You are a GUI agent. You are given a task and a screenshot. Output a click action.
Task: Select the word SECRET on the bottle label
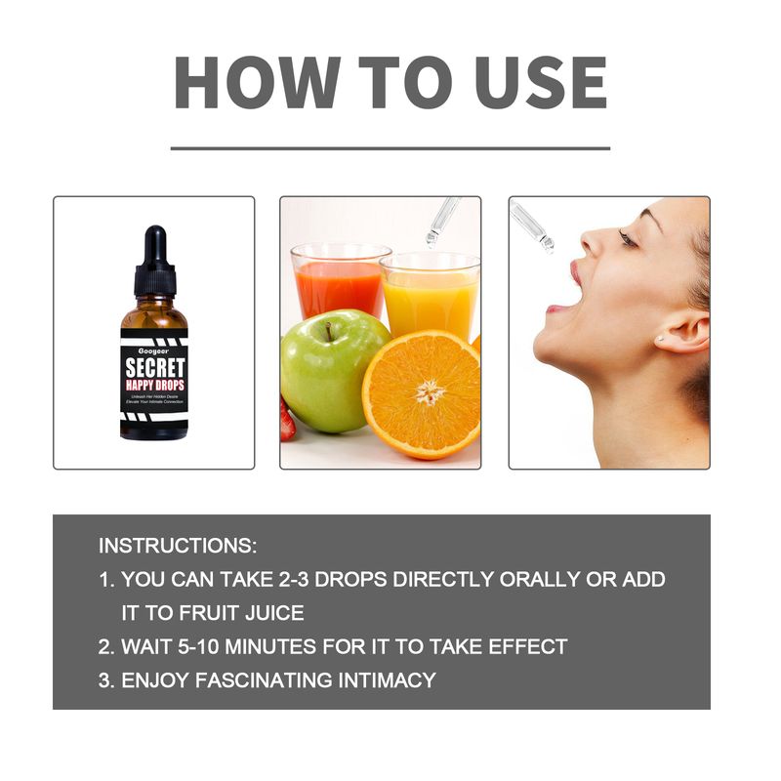click(154, 368)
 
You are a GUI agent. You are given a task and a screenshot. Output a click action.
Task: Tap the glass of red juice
click(339, 283)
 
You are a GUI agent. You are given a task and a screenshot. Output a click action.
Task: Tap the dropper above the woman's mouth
click(532, 226)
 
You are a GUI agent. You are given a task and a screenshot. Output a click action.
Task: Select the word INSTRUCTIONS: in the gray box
click(178, 545)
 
